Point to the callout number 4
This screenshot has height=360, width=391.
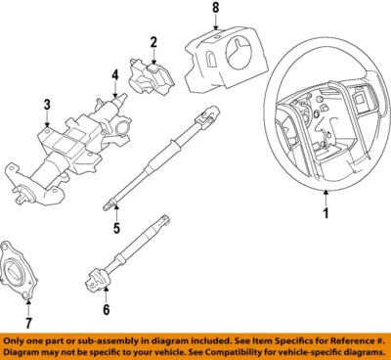[x=114, y=74]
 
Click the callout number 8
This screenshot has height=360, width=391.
[x=216, y=11]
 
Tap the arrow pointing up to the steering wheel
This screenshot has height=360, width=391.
[x=326, y=194]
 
